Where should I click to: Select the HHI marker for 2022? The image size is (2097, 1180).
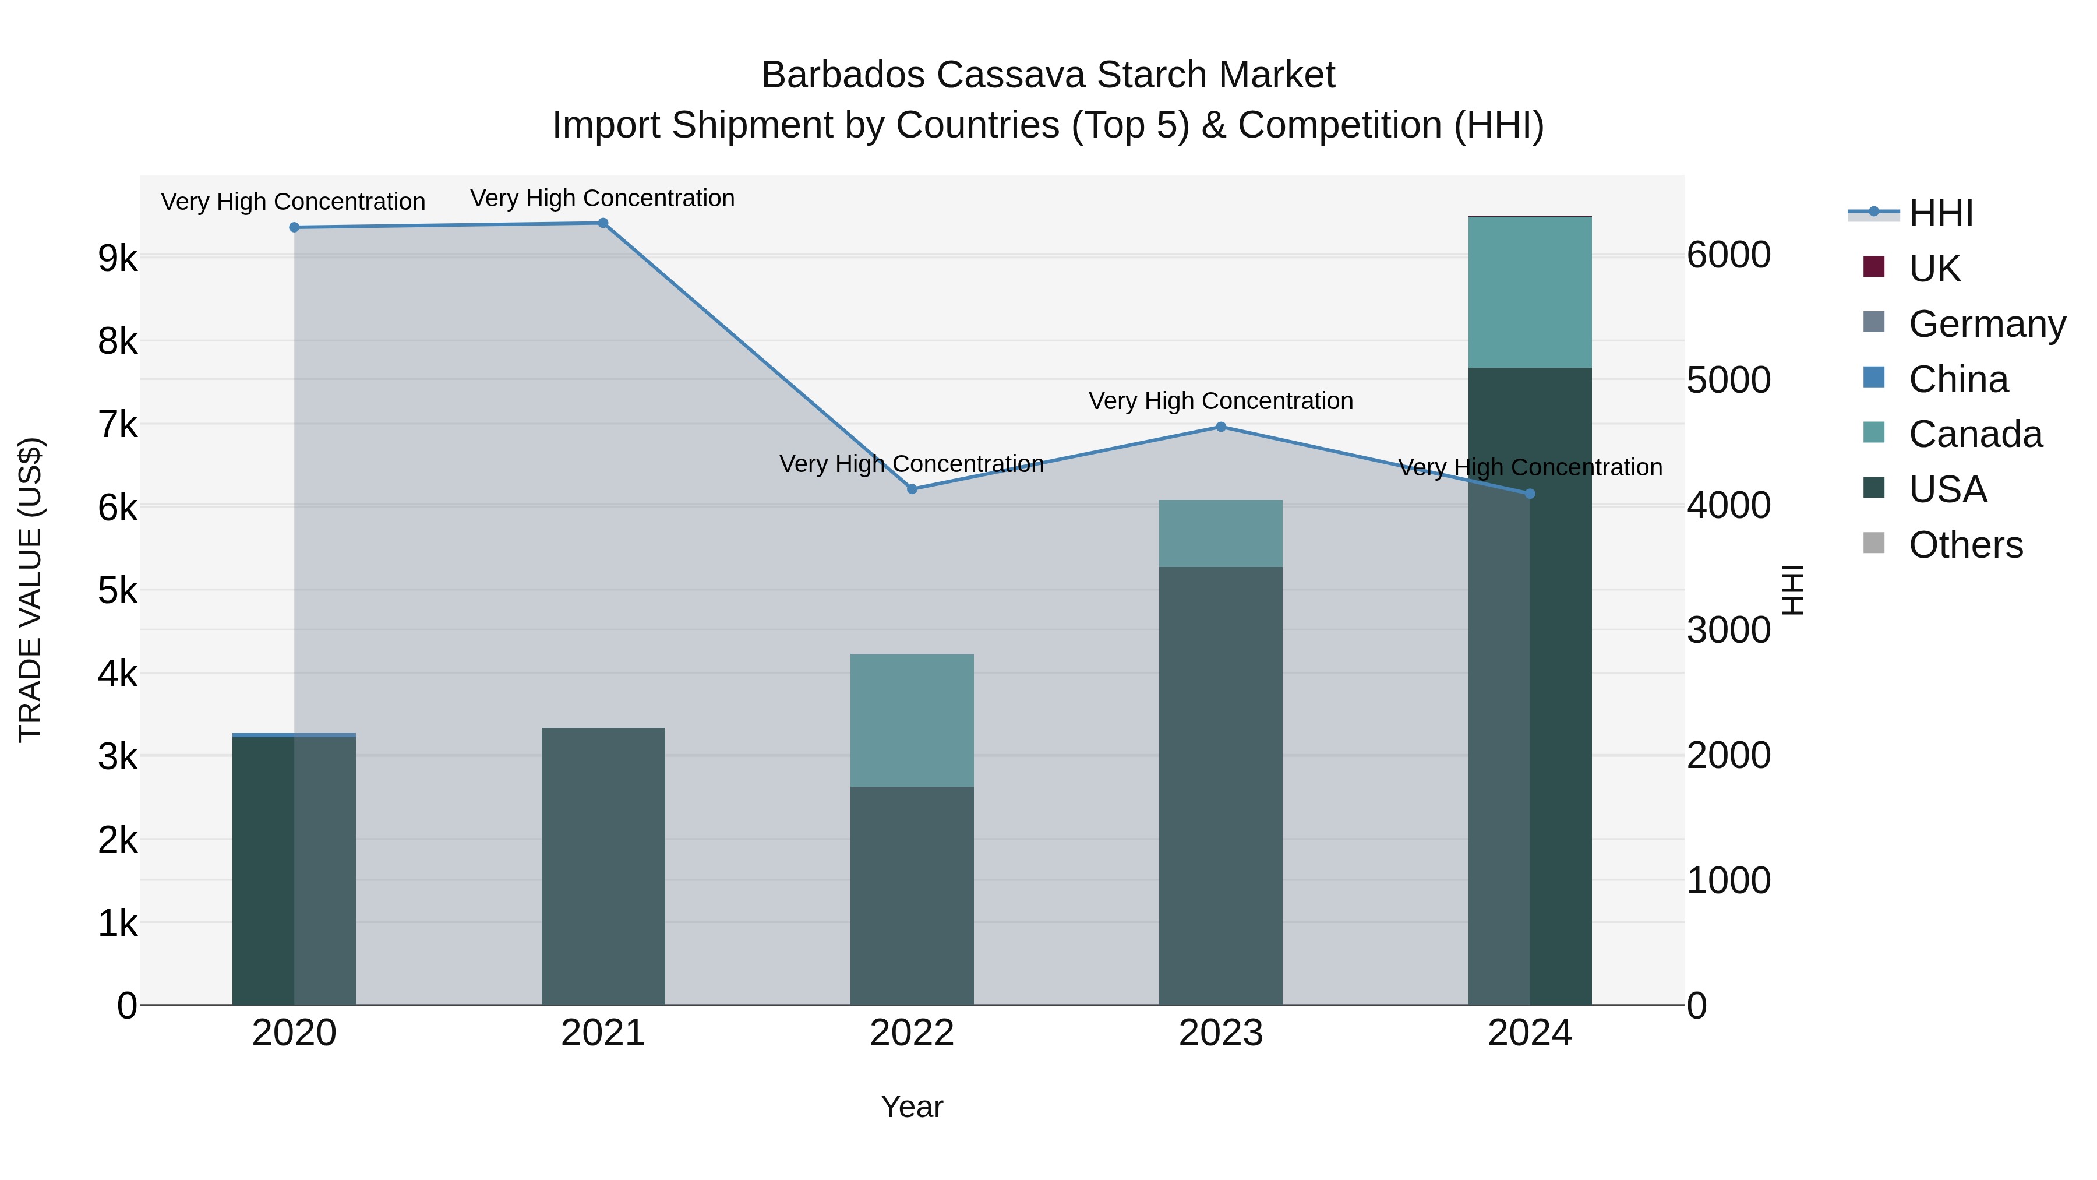click(x=912, y=489)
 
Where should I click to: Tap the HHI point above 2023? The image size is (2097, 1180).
click(x=1221, y=427)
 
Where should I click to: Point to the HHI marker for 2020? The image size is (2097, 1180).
click(x=295, y=227)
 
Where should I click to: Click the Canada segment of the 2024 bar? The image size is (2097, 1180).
click(x=1530, y=293)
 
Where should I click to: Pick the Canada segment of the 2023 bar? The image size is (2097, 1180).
click(x=1221, y=533)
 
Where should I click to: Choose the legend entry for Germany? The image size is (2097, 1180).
click(x=1987, y=323)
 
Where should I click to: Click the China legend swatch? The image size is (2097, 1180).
click(x=1874, y=378)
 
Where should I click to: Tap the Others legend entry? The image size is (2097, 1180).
click(x=1965, y=544)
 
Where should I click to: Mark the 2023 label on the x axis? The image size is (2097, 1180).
click(x=1221, y=1033)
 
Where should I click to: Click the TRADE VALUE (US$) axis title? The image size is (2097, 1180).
click(x=30, y=590)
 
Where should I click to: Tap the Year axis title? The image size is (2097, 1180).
click(x=912, y=1107)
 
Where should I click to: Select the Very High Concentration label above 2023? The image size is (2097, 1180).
click(x=1221, y=401)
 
